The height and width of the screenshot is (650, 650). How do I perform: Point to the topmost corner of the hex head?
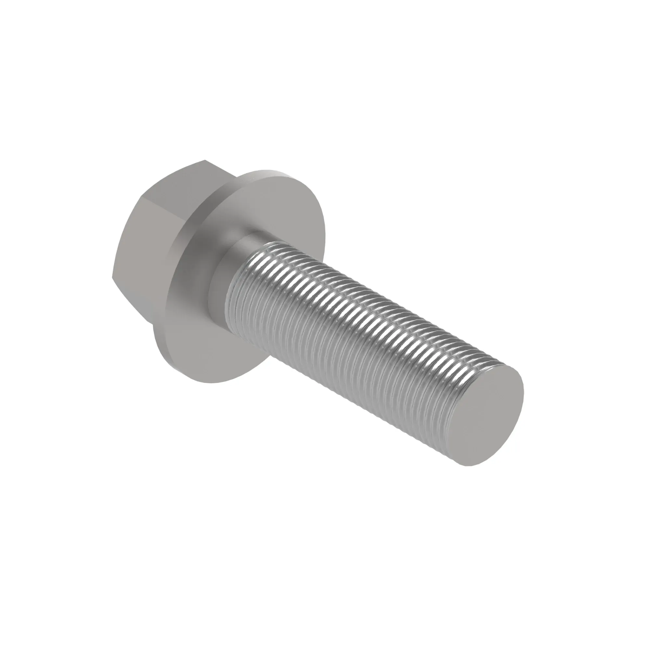click(204, 160)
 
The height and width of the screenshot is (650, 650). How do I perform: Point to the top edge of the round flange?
click(266, 170)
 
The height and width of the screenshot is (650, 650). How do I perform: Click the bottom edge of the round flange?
click(209, 382)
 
